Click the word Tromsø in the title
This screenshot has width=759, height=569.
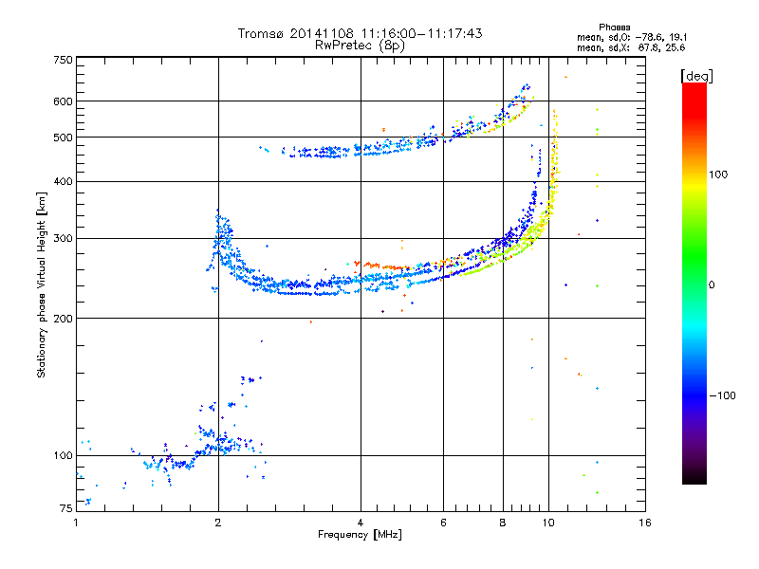tap(261, 33)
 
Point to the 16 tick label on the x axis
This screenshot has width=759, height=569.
tap(644, 523)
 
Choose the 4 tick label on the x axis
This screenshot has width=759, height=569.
tap(361, 523)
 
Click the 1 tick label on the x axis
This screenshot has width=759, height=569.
tap(77, 523)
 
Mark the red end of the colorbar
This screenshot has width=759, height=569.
tap(694, 88)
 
